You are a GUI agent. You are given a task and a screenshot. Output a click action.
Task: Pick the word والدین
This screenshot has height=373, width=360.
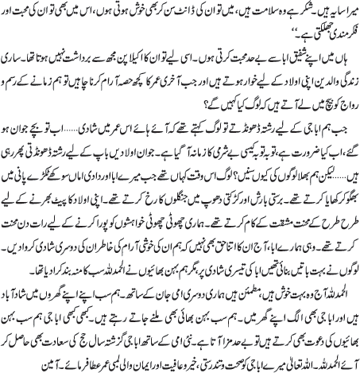[x=318, y=83]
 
